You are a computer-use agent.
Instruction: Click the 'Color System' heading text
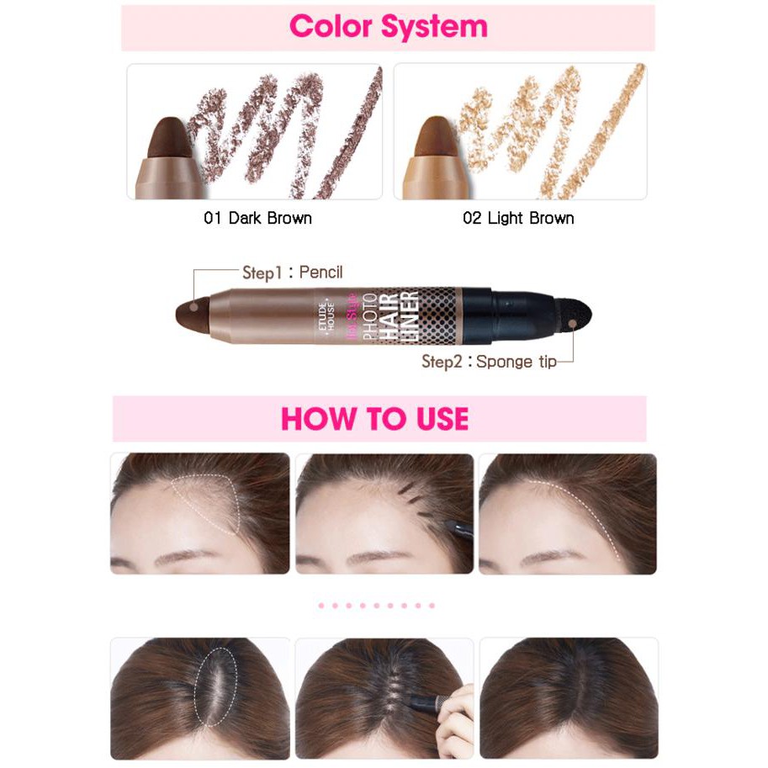coord(388,26)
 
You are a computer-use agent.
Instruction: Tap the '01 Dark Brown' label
coord(257,218)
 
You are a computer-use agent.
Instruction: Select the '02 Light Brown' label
coord(518,218)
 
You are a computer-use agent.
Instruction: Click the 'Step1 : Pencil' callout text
coord(292,273)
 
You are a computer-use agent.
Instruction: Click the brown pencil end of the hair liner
coord(191,315)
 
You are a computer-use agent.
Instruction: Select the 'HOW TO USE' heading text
coord(374,418)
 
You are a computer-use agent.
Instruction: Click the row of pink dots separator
coord(376,605)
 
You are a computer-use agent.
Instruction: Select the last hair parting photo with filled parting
coord(568,697)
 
